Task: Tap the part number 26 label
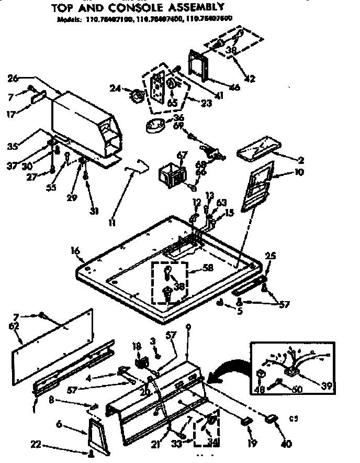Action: click(x=14, y=78)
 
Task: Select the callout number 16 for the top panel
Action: click(x=76, y=252)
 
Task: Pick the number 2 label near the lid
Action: click(x=301, y=160)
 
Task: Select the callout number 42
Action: click(x=250, y=79)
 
